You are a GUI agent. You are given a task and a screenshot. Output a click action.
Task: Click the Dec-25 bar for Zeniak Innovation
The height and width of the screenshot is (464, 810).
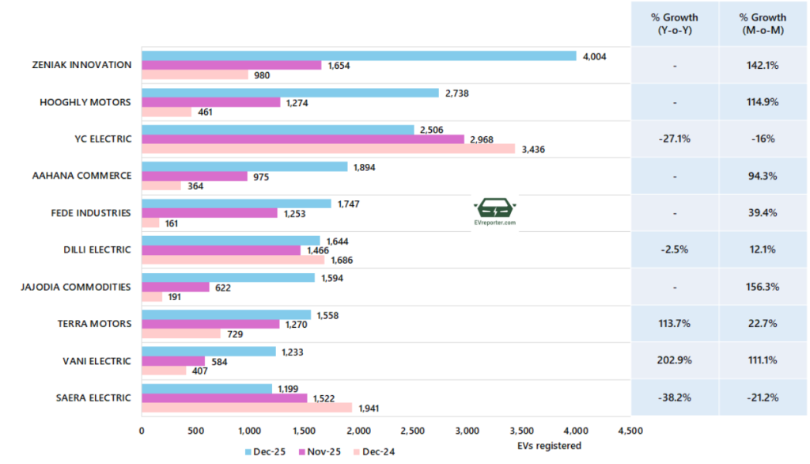click(x=358, y=55)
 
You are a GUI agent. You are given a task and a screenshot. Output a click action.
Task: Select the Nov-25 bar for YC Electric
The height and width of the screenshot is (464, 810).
click(x=302, y=139)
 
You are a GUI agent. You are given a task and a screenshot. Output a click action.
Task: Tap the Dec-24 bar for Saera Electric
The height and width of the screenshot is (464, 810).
click(x=247, y=407)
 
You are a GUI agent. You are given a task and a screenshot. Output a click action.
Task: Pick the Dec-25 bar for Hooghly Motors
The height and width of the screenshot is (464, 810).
click(x=290, y=93)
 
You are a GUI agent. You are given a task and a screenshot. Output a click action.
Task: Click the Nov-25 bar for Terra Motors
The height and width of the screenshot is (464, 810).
click(x=210, y=324)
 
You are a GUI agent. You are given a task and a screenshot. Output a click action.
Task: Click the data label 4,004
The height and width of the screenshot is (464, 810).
click(x=594, y=55)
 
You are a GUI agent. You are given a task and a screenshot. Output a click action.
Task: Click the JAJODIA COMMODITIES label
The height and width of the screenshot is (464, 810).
click(x=77, y=287)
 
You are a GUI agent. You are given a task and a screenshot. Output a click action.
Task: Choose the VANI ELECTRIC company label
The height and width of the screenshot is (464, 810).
click(x=97, y=361)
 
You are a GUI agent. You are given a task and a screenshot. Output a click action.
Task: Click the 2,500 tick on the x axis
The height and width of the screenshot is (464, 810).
click(x=413, y=432)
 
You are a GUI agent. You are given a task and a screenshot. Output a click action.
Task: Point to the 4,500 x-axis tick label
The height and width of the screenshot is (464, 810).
click(x=630, y=432)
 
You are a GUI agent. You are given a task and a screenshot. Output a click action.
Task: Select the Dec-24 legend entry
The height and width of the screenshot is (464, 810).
click(x=374, y=451)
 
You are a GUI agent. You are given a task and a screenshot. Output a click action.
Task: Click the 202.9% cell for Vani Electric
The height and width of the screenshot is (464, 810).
click(x=674, y=360)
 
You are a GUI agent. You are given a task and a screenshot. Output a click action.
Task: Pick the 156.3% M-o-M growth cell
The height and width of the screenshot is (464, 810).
click(x=763, y=287)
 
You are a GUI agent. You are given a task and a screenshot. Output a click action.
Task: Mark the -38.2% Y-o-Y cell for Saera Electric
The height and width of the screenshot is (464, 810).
click(x=674, y=397)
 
